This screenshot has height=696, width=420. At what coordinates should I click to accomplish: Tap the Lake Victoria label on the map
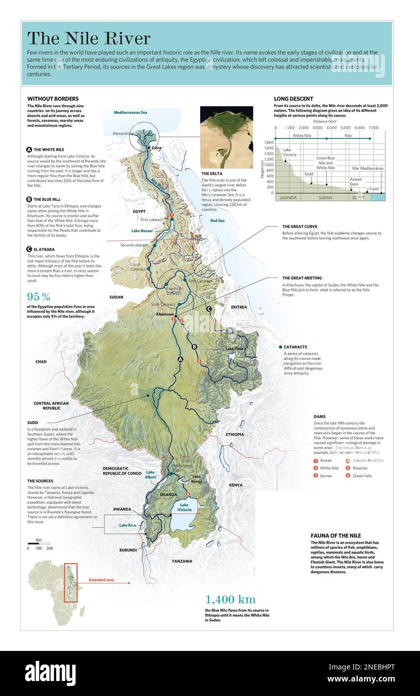pos(184,507)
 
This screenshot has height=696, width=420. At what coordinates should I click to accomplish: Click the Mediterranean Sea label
pos(131,113)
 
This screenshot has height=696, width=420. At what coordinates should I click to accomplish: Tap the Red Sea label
pos(217,220)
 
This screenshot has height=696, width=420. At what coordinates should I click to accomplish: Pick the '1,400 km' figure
pos(230,599)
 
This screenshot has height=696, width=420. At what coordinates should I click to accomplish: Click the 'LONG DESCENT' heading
pos(293,99)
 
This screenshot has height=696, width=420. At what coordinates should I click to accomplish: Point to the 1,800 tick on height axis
pos(269,142)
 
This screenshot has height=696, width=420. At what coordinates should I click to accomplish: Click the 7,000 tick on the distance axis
pos(373,128)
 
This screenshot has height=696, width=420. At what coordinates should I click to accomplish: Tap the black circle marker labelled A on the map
pos(181,359)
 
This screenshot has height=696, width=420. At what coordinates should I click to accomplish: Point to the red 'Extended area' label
pos(102,580)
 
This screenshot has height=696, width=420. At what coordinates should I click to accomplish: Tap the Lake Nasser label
pos(142,231)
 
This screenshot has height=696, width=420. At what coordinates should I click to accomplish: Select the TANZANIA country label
pos(182,561)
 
